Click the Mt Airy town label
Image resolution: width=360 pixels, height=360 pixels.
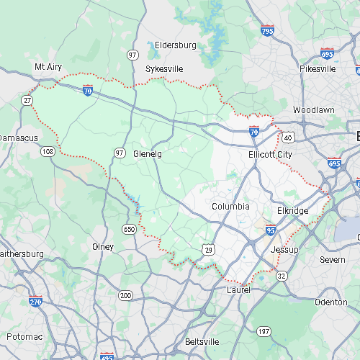(49, 66)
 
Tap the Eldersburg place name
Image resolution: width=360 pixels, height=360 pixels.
(175, 45)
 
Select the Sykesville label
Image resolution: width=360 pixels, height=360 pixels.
(164, 68)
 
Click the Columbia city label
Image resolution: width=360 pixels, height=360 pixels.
(230, 207)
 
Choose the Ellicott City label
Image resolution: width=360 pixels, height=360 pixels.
(270, 154)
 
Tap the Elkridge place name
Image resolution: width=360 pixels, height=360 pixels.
(292, 211)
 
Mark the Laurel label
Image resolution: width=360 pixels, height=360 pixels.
(238, 289)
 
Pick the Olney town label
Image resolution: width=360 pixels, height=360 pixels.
(103, 246)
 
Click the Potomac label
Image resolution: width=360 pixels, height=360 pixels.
(26, 337)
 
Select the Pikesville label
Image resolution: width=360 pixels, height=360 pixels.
(318, 69)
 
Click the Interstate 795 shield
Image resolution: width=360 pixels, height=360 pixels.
(267, 30)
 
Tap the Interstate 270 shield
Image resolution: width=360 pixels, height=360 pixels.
(36, 302)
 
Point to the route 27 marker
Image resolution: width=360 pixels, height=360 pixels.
(27, 99)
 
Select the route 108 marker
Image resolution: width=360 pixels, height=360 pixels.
(48, 151)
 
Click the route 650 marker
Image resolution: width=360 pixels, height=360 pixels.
(129, 229)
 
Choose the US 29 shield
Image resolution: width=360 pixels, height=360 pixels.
(207, 248)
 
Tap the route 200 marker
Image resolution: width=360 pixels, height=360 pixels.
(126, 295)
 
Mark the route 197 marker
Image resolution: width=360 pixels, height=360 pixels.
(264, 331)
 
